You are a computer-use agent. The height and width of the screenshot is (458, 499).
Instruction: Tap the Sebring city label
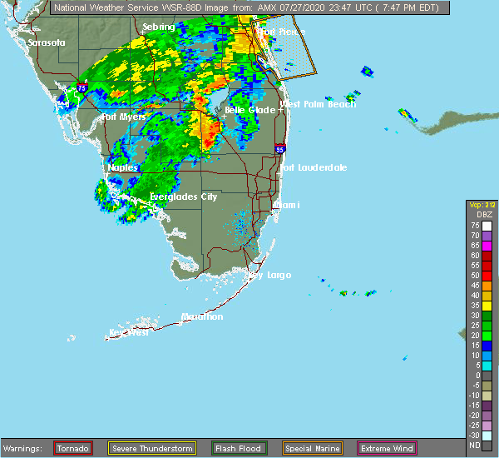click(158, 27)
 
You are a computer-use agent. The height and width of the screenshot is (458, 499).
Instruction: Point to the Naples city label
click(122, 167)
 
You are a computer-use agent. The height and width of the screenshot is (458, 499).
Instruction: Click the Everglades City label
click(183, 197)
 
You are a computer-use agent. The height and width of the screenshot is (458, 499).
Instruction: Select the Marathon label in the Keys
click(202, 316)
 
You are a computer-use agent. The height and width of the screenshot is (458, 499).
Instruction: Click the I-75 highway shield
click(82, 85)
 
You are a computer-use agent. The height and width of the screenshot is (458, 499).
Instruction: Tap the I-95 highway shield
click(280, 149)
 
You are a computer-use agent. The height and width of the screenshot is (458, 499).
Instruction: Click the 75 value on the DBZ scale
click(476, 225)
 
